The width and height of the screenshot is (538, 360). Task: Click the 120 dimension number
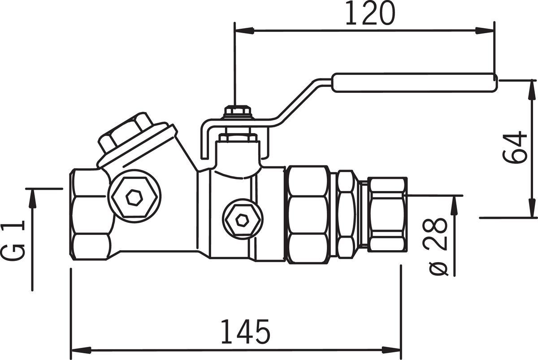coord(370,13)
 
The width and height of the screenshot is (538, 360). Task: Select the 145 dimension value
coord(245,331)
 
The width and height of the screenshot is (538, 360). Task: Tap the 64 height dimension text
coord(515,147)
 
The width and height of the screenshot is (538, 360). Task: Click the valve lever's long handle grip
coord(414,82)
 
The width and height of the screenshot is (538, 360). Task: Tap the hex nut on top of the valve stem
coord(238,112)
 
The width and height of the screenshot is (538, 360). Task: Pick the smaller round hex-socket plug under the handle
coord(243,219)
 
